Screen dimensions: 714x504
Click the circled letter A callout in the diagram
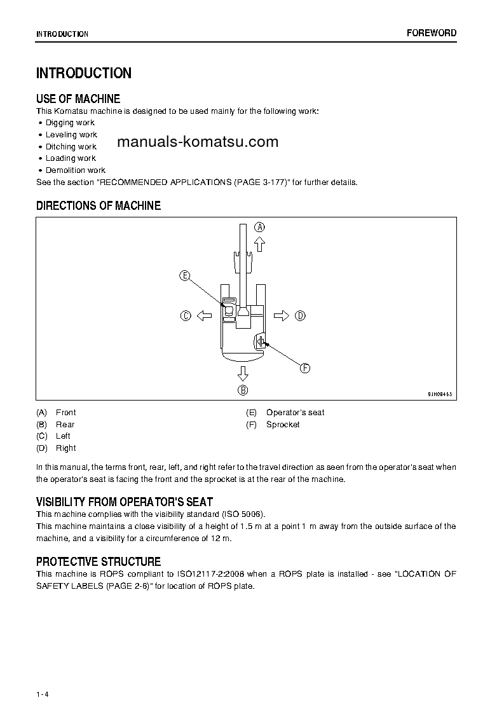(259, 227)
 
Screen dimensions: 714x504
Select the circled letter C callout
(186, 315)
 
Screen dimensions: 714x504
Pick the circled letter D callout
(300, 315)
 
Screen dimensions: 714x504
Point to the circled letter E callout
(184, 275)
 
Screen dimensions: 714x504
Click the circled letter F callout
(304, 368)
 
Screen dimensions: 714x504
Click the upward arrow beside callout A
(259, 244)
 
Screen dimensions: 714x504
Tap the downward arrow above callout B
(243, 373)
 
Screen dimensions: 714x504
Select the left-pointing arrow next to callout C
(203, 315)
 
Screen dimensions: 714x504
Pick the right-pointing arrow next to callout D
(282, 315)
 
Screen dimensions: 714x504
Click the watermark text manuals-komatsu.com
(198, 142)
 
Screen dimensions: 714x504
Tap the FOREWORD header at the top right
(432, 33)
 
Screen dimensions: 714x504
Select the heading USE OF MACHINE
(78, 99)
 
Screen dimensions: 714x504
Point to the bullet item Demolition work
(75, 170)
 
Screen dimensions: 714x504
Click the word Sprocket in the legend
(283, 425)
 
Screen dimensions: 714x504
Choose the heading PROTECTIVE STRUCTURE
(99, 561)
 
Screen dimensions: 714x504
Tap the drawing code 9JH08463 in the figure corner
(439, 394)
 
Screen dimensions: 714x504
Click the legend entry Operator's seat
(295, 413)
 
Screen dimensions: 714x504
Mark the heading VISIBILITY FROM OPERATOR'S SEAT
(125, 502)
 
